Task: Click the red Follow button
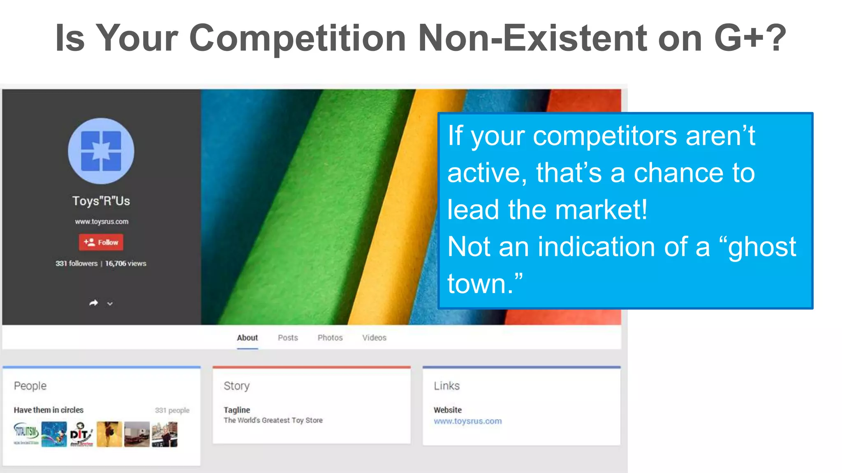click(101, 242)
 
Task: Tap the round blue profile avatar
click(101, 151)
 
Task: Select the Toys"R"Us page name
click(101, 201)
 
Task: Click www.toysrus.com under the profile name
click(102, 222)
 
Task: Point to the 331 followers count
click(76, 264)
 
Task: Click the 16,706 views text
click(126, 264)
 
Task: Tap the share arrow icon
click(94, 303)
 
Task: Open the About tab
click(247, 338)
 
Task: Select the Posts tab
click(288, 338)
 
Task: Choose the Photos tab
click(330, 338)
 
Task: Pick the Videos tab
click(374, 338)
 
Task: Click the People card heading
click(30, 386)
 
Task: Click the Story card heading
click(236, 386)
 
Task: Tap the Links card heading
click(446, 386)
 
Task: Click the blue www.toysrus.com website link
click(467, 421)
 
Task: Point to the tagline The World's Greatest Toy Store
click(273, 420)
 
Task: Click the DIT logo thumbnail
click(81, 434)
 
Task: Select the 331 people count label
click(172, 410)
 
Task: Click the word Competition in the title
click(298, 38)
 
